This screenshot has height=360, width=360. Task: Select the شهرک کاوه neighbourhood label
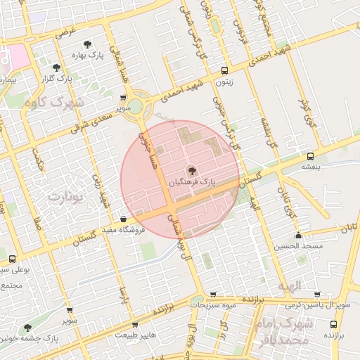[53, 102]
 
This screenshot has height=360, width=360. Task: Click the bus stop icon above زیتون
[224, 70]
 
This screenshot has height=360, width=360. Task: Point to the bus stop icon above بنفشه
[310, 156]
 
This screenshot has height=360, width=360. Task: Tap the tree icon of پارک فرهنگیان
[191, 169]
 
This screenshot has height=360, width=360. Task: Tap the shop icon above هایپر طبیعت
[134, 324]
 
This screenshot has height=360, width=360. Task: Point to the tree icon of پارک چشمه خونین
[27, 328]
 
